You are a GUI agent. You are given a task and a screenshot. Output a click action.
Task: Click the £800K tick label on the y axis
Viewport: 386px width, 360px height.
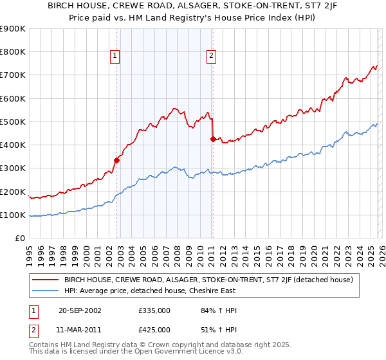(x=13, y=52)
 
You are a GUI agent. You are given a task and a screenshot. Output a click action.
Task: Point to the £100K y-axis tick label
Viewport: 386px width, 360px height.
(x=13, y=215)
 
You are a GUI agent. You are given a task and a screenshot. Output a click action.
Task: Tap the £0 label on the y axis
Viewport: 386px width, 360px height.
(x=19, y=238)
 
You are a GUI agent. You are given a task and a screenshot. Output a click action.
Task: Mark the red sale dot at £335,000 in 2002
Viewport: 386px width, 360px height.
(x=117, y=160)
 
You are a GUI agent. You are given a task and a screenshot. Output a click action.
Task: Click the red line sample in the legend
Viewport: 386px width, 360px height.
(x=45, y=280)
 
